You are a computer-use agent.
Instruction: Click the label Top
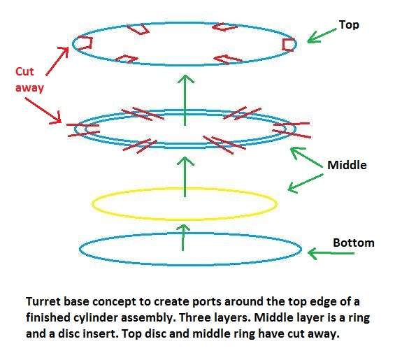point(349,25)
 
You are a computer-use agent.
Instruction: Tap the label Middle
point(347,165)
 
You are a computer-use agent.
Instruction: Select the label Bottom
point(354,243)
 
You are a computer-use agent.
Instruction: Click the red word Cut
point(24,71)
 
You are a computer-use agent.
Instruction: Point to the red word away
point(29,87)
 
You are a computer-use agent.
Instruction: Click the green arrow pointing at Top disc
point(322,35)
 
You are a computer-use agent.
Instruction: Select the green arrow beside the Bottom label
point(331,253)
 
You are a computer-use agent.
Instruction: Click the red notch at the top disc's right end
point(289,45)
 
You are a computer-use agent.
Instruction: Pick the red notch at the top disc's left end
point(85,43)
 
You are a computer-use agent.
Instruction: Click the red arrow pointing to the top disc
point(57,61)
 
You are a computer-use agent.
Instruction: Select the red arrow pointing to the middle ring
point(43,110)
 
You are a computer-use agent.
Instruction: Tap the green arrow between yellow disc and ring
point(185,177)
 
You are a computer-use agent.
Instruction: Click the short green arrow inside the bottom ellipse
point(183,238)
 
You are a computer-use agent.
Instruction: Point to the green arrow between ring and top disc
point(185,100)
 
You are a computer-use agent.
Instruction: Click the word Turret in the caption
point(43,301)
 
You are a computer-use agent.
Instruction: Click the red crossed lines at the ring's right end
point(292,129)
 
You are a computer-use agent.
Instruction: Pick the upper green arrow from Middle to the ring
point(306,157)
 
